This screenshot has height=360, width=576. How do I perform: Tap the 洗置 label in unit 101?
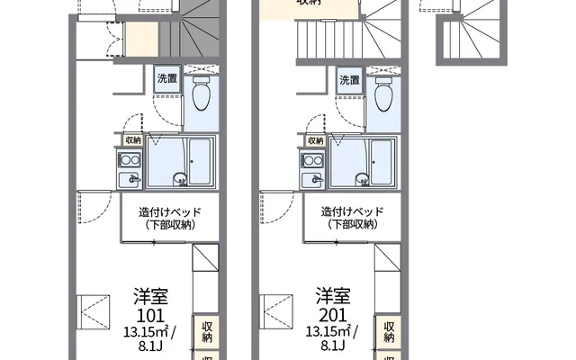(x=167, y=79)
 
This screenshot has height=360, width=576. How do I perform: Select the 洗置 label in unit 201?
(x=351, y=79)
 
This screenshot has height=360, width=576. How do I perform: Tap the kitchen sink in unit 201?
(x=313, y=180)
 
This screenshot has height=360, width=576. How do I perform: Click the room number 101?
(x=152, y=315)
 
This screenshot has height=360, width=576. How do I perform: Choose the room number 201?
(x=334, y=315)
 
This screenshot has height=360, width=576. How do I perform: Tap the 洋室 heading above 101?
(x=152, y=296)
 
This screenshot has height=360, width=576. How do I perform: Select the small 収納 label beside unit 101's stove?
(x=133, y=140)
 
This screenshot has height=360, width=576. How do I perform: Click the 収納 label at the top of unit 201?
(x=310, y=3)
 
